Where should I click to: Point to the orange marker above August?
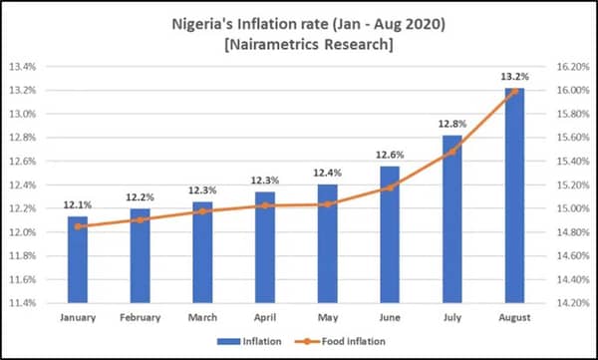pos(514,91)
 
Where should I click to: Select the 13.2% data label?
pos(515,74)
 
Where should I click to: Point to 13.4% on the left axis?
pos(23,67)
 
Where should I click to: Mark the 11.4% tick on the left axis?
pos(23,302)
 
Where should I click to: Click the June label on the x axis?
pos(391,319)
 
